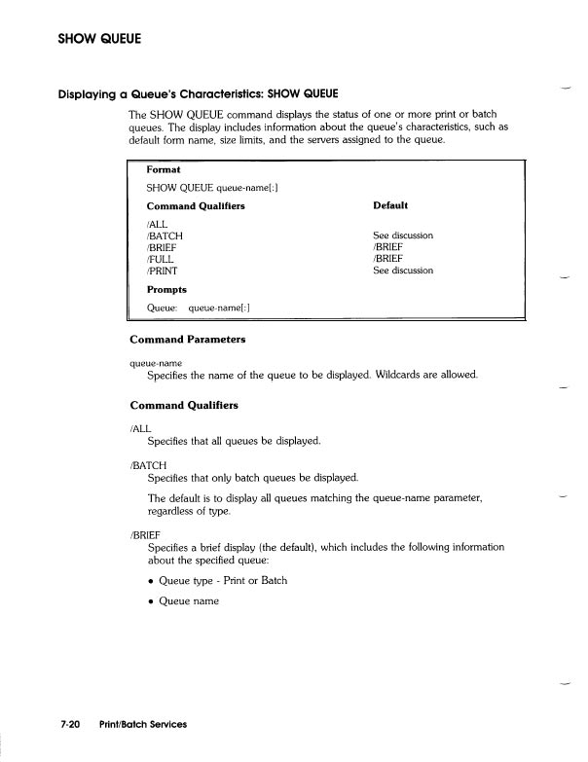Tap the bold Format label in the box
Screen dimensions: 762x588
pyautogui.click(x=164, y=169)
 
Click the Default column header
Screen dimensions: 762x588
pyautogui.click(x=389, y=206)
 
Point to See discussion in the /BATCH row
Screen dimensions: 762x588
pyautogui.click(x=402, y=236)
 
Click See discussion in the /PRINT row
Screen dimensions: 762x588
pyautogui.click(x=402, y=271)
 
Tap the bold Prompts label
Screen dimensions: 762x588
pyautogui.click(x=166, y=290)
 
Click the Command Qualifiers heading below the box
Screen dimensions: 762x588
pyautogui.click(x=184, y=404)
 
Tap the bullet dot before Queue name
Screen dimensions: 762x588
pyautogui.click(x=150, y=601)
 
